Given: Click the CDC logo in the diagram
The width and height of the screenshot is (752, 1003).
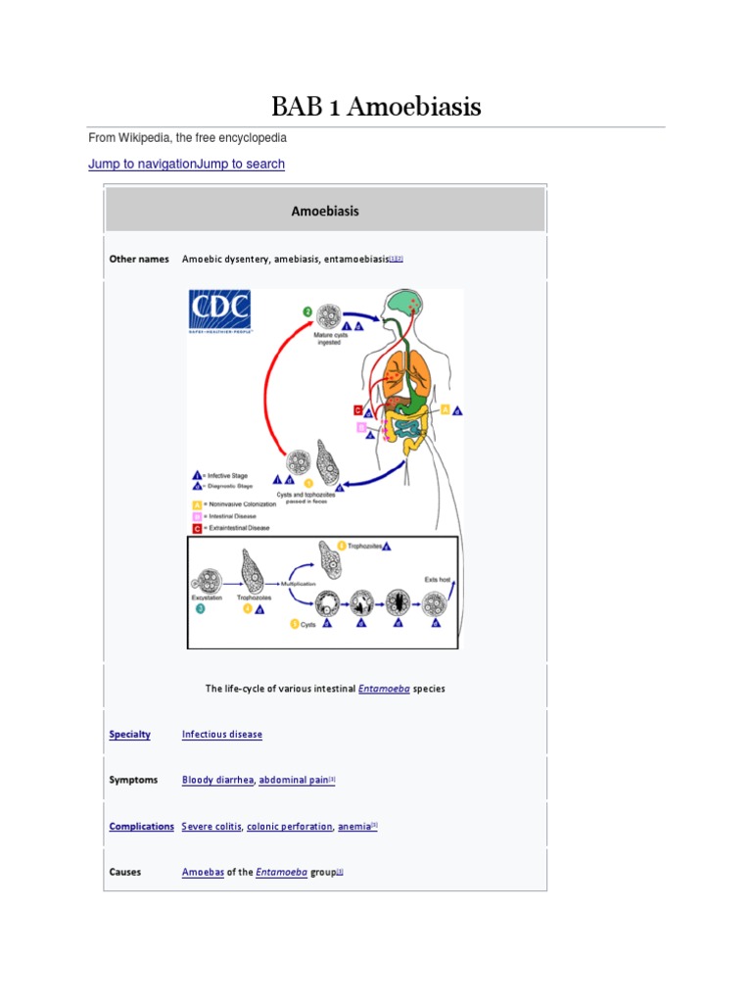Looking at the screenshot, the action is [219, 312].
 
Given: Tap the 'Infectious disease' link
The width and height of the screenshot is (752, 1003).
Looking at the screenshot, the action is [222, 734].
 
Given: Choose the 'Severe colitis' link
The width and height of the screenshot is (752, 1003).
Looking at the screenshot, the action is [211, 826].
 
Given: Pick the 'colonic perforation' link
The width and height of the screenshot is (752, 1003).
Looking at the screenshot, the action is [290, 826].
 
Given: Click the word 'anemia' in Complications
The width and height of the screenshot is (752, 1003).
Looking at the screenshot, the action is [354, 826].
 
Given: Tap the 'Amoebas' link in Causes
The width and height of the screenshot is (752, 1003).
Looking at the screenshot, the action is [203, 872].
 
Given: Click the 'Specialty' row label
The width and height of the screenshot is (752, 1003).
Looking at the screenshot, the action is [130, 734].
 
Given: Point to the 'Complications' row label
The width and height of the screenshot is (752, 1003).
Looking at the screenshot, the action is [142, 826].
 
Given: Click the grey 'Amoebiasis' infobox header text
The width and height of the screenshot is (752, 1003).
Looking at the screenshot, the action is [325, 211].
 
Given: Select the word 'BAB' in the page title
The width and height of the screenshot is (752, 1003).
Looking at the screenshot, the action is [298, 107].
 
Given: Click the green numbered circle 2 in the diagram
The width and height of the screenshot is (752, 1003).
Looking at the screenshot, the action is [307, 312].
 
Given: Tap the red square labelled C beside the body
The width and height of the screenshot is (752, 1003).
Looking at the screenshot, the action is [358, 410].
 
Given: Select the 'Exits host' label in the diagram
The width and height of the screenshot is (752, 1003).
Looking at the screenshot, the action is [437, 579].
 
